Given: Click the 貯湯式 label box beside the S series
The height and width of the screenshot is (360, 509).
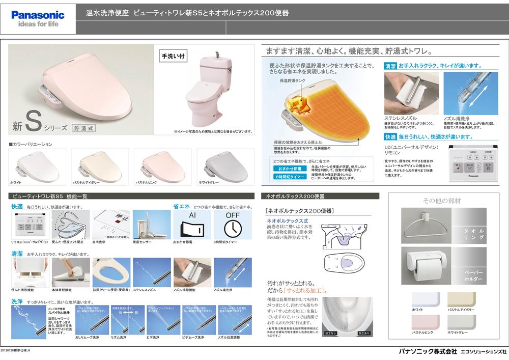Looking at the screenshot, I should [83, 128].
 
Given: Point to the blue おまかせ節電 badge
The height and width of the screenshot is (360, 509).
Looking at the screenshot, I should [290, 168].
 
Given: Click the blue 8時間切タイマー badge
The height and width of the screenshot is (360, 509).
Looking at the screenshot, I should [290, 176].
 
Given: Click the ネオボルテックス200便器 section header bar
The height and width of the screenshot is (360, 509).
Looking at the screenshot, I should [319, 196].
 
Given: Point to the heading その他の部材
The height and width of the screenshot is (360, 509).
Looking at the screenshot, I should [441, 201].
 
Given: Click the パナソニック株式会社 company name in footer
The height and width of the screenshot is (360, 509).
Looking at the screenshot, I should [428, 352].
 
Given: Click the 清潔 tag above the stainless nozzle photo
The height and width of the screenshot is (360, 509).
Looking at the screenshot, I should [390, 66].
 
